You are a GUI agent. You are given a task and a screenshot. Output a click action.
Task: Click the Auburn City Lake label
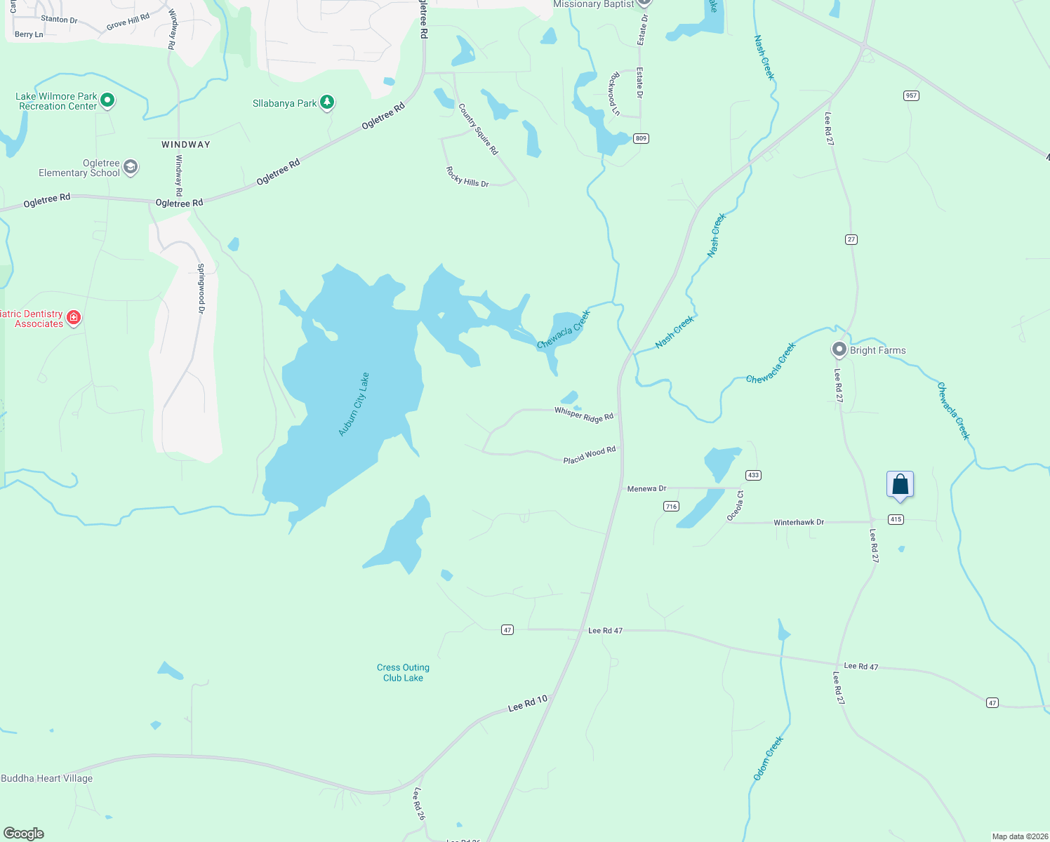click(x=354, y=405)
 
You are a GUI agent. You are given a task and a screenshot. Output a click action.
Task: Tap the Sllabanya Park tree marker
click(x=326, y=102)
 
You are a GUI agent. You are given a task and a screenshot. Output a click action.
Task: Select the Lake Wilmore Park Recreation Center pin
click(x=107, y=100)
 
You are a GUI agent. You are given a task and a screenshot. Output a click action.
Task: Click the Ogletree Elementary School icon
click(x=130, y=167)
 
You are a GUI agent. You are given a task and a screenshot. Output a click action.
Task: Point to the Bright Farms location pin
click(x=839, y=349)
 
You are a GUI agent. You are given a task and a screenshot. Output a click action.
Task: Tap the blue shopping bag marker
click(x=900, y=485)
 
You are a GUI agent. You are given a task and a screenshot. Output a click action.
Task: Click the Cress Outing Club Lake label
click(x=403, y=673)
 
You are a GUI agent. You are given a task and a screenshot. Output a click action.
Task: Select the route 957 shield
click(x=911, y=95)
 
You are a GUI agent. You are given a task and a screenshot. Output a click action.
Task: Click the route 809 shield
click(x=641, y=138)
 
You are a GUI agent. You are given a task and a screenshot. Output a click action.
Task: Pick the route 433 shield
click(x=753, y=475)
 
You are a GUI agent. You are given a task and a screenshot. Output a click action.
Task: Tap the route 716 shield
click(x=671, y=506)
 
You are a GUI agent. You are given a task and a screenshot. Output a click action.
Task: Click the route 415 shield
click(x=896, y=519)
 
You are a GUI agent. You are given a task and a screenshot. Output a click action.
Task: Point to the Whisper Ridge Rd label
click(x=584, y=415)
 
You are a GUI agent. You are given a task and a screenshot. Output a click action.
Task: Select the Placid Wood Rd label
click(x=590, y=455)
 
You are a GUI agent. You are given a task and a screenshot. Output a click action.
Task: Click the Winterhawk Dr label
click(x=799, y=523)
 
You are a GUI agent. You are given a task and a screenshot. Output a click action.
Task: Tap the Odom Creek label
click(x=768, y=759)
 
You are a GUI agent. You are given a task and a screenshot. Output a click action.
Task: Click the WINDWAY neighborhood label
click(x=186, y=145)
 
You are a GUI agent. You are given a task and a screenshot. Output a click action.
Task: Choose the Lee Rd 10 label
click(x=527, y=703)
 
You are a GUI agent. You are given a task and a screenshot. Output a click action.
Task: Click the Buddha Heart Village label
click(x=47, y=778)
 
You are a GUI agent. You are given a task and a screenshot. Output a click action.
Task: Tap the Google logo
click(x=24, y=834)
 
